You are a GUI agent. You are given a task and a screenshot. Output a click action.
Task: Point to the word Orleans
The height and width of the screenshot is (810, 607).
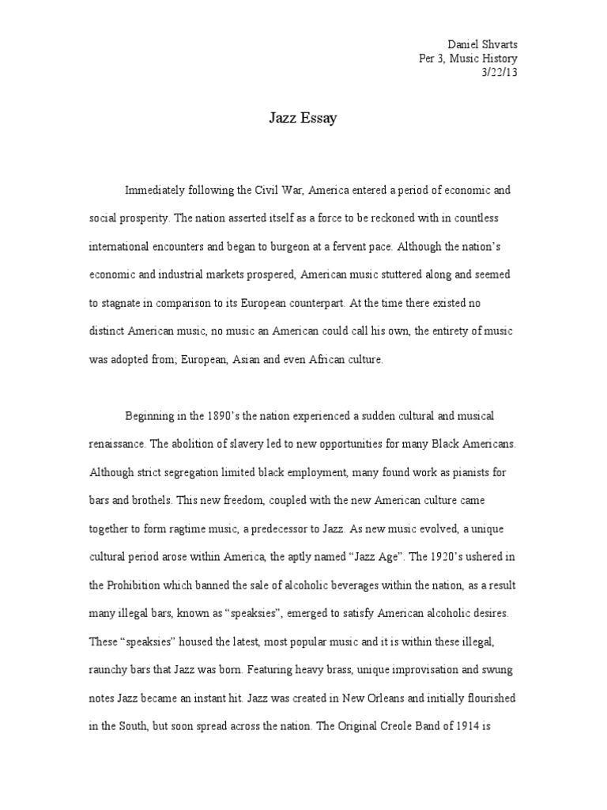coord(390,699)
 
